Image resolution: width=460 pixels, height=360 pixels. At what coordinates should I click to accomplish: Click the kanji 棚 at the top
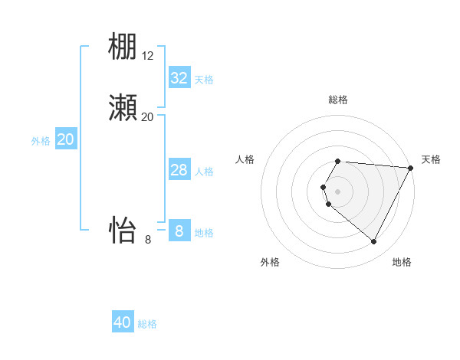click(123, 47)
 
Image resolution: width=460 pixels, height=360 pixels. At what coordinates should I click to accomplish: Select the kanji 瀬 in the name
click(123, 108)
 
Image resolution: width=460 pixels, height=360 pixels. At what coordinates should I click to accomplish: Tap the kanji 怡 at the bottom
click(123, 229)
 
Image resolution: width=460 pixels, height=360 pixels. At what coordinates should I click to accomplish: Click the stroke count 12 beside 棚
click(148, 56)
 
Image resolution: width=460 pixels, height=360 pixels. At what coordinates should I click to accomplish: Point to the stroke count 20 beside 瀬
click(147, 116)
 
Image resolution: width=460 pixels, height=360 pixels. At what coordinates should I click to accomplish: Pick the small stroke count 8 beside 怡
click(148, 239)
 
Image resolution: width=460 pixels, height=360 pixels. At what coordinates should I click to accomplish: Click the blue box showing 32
click(179, 78)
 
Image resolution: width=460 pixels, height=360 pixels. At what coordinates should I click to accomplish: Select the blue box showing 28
click(179, 170)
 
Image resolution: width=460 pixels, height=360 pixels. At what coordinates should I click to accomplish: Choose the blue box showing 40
click(123, 322)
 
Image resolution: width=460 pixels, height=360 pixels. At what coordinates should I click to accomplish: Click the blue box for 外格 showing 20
click(66, 139)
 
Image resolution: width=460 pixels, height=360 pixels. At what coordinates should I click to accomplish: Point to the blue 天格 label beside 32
click(203, 80)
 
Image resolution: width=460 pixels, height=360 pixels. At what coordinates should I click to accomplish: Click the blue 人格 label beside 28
click(204, 172)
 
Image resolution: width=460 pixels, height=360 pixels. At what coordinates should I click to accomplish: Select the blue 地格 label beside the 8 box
click(204, 233)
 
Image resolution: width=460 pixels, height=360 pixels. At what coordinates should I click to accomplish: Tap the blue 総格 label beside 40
click(147, 324)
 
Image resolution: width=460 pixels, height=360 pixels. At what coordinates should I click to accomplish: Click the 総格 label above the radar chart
click(338, 100)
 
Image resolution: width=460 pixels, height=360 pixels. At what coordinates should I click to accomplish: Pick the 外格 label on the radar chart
click(270, 263)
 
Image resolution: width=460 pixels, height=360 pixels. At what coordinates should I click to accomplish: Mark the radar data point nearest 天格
click(411, 168)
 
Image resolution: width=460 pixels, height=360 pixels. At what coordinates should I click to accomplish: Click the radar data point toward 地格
click(374, 242)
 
